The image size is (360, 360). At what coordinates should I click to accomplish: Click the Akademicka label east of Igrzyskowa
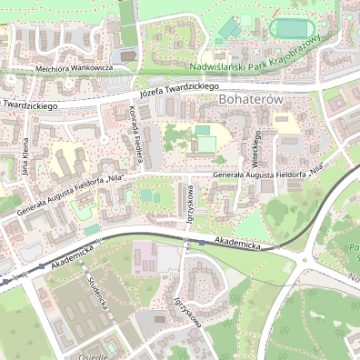tap(237, 243)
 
